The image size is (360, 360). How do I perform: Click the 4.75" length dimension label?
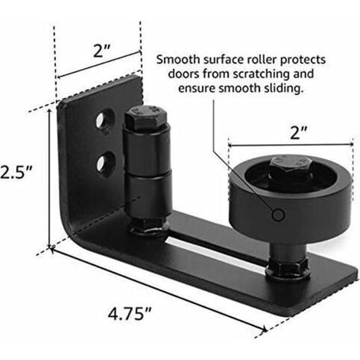coord(129,313)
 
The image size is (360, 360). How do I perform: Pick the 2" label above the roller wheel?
coord(299,133)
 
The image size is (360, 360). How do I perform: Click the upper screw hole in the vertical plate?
coord(104,119)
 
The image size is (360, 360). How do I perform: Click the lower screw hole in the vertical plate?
coord(106,163)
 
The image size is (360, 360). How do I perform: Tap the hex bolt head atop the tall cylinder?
coord(146,117)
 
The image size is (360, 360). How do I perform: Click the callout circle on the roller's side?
coord(278,214)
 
